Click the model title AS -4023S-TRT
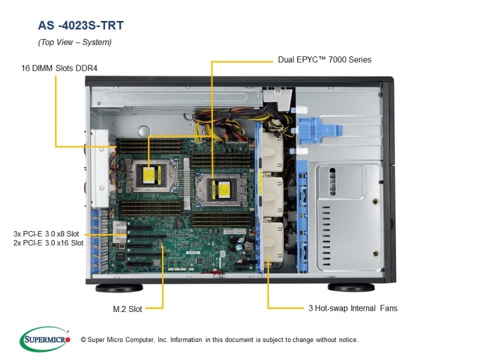(x=81, y=25)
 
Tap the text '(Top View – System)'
(x=74, y=42)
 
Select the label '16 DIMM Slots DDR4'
(x=59, y=68)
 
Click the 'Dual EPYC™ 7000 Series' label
(x=325, y=59)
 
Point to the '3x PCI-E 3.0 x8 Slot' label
(x=46, y=234)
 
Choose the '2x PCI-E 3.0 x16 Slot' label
(x=49, y=243)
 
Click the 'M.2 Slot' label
(x=127, y=309)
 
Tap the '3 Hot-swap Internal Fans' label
(x=353, y=308)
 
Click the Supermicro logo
(x=45, y=339)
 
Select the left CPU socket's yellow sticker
(x=148, y=176)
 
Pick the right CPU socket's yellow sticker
(x=224, y=189)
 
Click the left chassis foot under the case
(x=119, y=288)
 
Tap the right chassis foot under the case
(x=351, y=287)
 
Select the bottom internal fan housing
(x=274, y=242)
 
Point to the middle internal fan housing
(x=273, y=197)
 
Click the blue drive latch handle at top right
(x=319, y=130)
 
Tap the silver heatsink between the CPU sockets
(x=185, y=184)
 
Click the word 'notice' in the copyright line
(x=347, y=340)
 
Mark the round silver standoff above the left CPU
(x=144, y=131)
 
